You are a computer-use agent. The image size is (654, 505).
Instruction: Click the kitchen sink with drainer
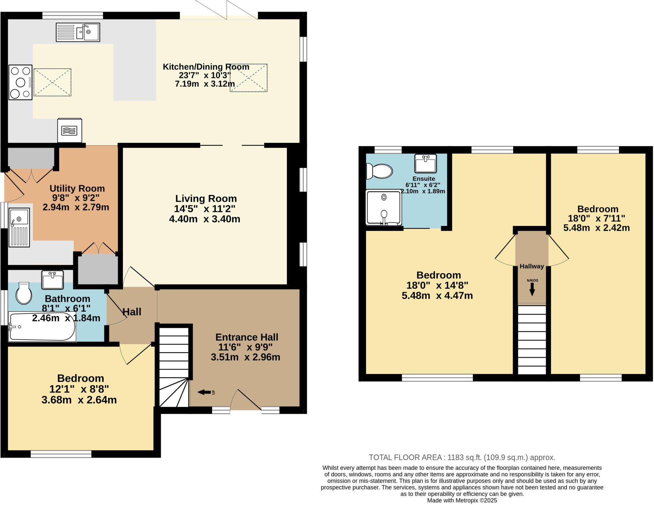point(78,32)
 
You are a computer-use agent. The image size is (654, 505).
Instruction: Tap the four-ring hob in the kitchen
point(20,82)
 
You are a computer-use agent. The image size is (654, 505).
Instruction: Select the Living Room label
point(206,199)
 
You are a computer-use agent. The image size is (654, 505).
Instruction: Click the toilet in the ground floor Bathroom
point(24,293)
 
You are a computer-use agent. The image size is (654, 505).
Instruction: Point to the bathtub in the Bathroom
point(42,327)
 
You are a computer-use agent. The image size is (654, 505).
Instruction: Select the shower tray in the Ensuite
point(384,207)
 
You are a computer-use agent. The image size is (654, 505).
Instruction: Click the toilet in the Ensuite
point(380,171)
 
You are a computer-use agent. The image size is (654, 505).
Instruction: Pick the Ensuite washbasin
point(425,163)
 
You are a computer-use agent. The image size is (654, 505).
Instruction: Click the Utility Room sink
point(19,227)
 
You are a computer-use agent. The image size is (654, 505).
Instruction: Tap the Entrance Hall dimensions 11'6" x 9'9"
point(245,347)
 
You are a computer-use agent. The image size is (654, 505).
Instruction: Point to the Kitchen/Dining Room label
point(206,67)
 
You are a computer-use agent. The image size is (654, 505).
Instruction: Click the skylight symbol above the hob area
point(52,82)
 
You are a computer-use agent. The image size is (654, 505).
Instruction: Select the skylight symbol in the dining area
point(248,78)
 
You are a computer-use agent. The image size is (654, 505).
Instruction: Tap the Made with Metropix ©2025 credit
point(462,501)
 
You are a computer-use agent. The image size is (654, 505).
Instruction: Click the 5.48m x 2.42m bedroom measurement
point(596,228)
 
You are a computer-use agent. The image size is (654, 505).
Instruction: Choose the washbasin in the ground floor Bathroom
point(53,280)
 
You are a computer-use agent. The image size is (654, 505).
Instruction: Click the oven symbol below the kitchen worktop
point(70,131)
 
